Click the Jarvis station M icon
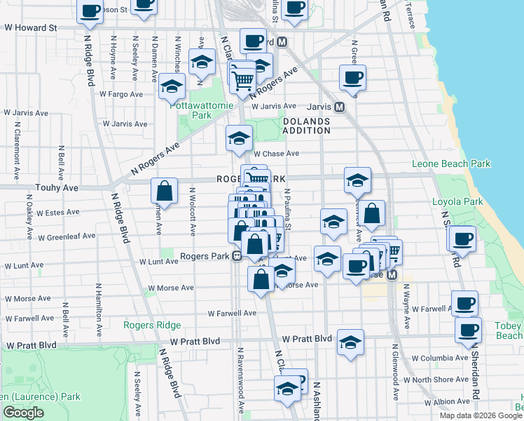click(339, 107)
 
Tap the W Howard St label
click(30, 27)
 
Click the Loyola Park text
click(457, 201)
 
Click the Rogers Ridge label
click(152, 325)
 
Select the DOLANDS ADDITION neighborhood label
click(306, 126)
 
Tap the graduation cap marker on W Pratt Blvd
click(350, 342)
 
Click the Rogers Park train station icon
click(237, 256)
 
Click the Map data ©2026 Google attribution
click(481, 415)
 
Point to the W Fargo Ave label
click(121, 93)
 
